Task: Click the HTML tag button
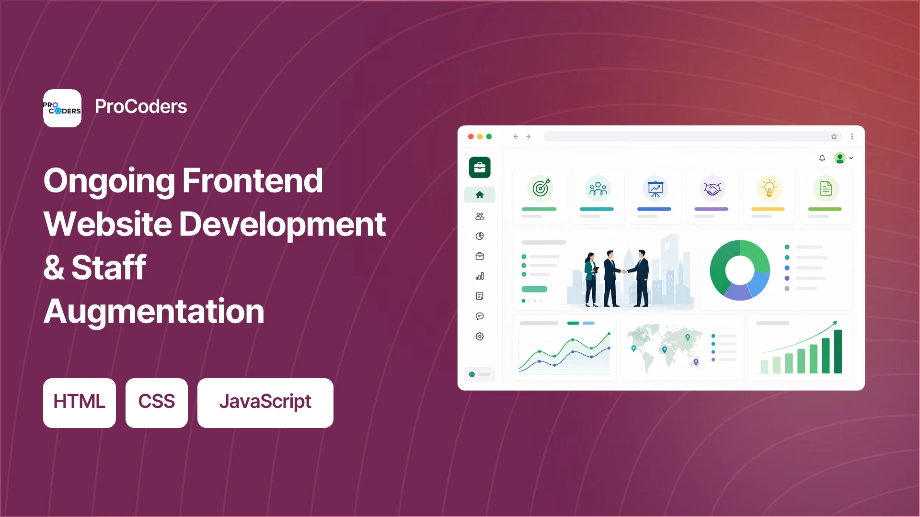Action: tap(80, 403)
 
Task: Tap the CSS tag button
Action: tap(157, 403)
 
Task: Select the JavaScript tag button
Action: tap(265, 403)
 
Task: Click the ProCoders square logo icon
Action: tap(62, 108)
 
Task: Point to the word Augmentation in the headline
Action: tap(154, 311)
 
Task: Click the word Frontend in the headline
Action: tap(253, 180)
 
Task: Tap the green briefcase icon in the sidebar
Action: tap(480, 168)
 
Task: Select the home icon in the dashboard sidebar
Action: tap(480, 195)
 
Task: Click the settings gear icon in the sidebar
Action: tap(480, 337)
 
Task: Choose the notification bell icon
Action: tap(822, 158)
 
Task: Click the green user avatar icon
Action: tap(840, 158)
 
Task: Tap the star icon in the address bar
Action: tap(834, 136)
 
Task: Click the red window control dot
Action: tap(471, 136)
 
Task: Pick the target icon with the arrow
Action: tap(540, 188)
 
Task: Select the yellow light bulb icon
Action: tap(769, 188)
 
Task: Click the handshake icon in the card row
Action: tap(713, 188)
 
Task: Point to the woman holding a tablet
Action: tap(591, 280)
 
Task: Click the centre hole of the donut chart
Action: tap(740, 270)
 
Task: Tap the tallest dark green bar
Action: tap(838, 351)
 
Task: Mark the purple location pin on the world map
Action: tap(696, 362)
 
